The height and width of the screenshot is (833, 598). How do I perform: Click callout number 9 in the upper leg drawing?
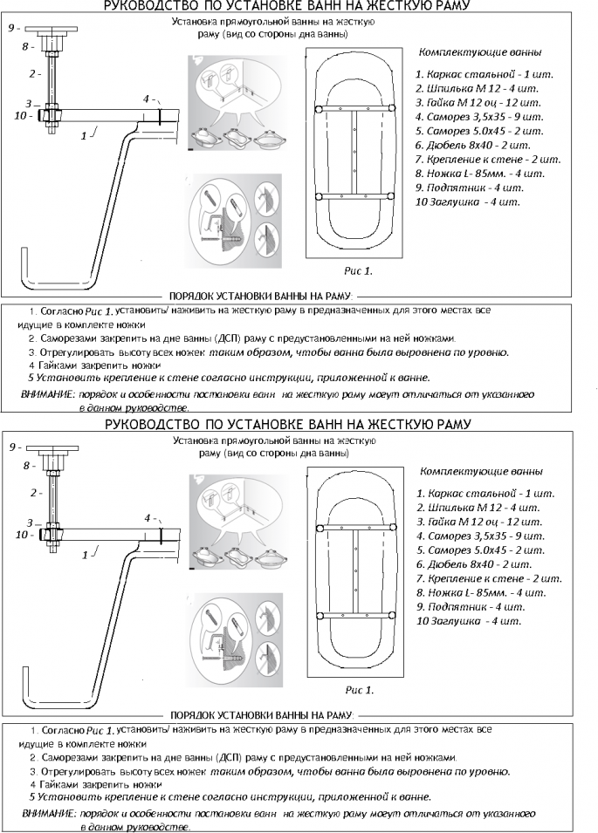pos(12,28)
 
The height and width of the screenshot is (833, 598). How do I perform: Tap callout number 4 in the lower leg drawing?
pos(148,517)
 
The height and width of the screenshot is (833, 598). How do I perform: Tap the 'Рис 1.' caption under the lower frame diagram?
pos(360,690)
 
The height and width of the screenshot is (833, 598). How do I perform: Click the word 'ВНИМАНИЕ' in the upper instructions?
pos(47,394)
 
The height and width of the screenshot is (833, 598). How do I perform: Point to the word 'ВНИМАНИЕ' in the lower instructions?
pos(47,813)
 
